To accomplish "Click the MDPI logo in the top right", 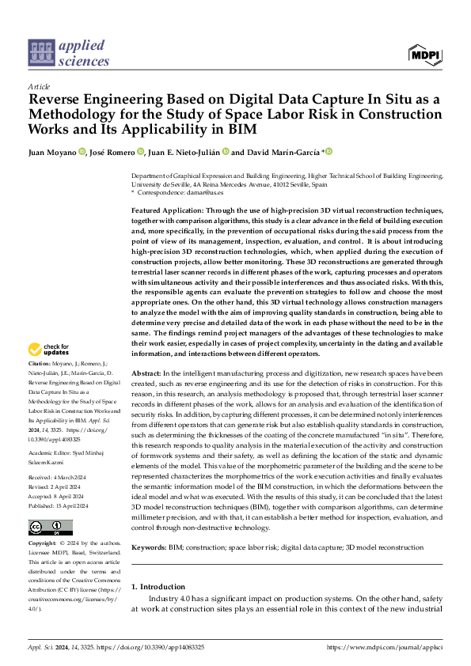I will point(424,54).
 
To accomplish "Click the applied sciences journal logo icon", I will point(40,54).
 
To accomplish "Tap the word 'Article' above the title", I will point(39,86).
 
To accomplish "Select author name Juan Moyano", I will point(51,152).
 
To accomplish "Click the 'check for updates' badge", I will point(50,349).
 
